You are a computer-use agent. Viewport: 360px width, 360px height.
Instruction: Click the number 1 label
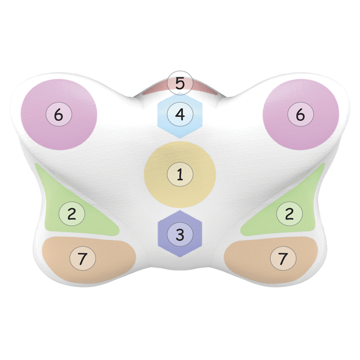[180, 174]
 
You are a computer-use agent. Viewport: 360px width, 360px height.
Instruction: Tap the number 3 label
[180, 235]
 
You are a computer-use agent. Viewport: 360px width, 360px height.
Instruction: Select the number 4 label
[180, 114]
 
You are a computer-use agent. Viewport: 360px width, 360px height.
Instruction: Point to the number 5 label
[180, 83]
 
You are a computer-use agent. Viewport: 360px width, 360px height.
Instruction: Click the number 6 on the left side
[59, 114]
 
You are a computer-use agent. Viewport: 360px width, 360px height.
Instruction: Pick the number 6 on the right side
[300, 114]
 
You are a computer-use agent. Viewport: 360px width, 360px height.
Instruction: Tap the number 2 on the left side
[72, 214]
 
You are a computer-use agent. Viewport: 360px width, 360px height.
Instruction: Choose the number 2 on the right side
[289, 214]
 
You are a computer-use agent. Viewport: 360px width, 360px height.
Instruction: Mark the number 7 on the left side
[83, 258]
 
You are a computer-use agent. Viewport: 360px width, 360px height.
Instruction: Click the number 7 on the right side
[283, 258]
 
